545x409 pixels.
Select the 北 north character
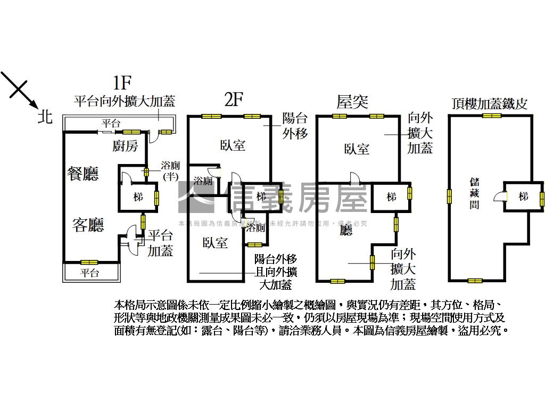45,116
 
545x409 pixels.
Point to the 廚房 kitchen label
126,145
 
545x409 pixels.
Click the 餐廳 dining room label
83,174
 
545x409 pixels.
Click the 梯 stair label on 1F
138,197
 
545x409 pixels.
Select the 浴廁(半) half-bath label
170,171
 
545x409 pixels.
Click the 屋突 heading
352,101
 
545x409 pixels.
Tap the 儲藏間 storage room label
474,193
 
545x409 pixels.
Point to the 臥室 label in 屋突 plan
356,149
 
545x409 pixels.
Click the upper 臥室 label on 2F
233,145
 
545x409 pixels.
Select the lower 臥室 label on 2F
215,243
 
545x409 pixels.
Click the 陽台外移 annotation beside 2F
295,126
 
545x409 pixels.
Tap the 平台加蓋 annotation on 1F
160,242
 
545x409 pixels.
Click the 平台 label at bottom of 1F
90,273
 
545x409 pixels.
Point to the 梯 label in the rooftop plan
523,196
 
